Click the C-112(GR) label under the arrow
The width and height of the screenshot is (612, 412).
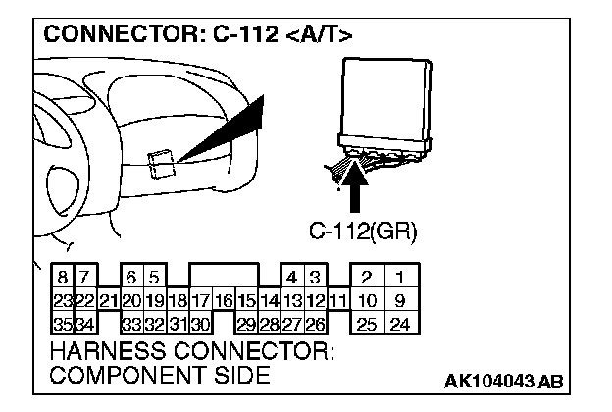click(x=363, y=232)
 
